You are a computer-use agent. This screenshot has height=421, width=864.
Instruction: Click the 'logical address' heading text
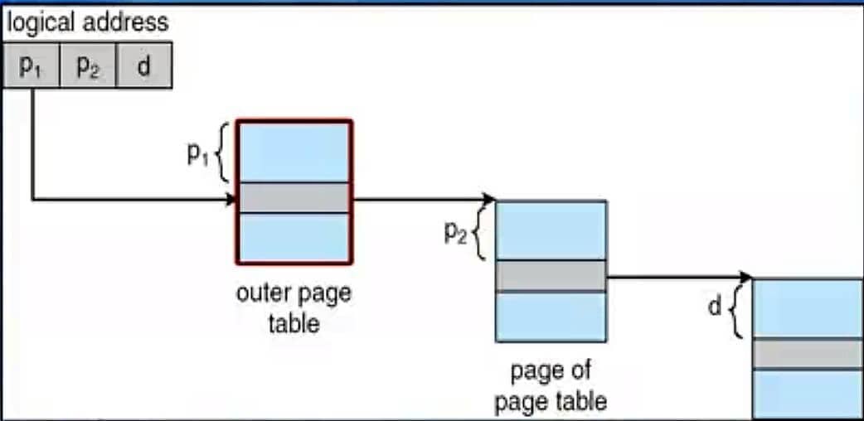coord(87,22)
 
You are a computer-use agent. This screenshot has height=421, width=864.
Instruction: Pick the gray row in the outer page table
coord(294,197)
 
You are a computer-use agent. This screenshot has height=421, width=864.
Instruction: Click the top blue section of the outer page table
coord(294,151)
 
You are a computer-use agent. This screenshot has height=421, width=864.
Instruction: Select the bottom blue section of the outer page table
coord(294,238)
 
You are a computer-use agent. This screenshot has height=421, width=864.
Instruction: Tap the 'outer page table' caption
coord(294,307)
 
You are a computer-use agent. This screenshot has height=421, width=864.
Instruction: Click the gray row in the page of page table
coord(551,275)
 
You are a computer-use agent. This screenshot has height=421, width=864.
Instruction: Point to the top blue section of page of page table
coord(551,230)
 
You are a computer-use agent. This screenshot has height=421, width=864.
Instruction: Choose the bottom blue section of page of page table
coord(551,317)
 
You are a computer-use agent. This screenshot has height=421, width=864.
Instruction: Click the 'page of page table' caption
coord(551,385)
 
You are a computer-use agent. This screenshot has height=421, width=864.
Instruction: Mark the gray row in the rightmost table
coord(808,354)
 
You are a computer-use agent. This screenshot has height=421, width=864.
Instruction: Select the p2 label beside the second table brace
coord(455,234)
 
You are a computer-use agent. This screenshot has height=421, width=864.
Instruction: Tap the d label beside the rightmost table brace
coord(715,307)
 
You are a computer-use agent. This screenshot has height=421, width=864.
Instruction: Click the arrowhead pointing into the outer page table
coord(231,199)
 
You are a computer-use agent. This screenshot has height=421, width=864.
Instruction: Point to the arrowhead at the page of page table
coord(489,199)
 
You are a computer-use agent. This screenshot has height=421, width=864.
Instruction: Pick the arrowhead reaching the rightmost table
coord(746,276)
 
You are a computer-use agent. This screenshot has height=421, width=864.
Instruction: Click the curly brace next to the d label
coord(735,308)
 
